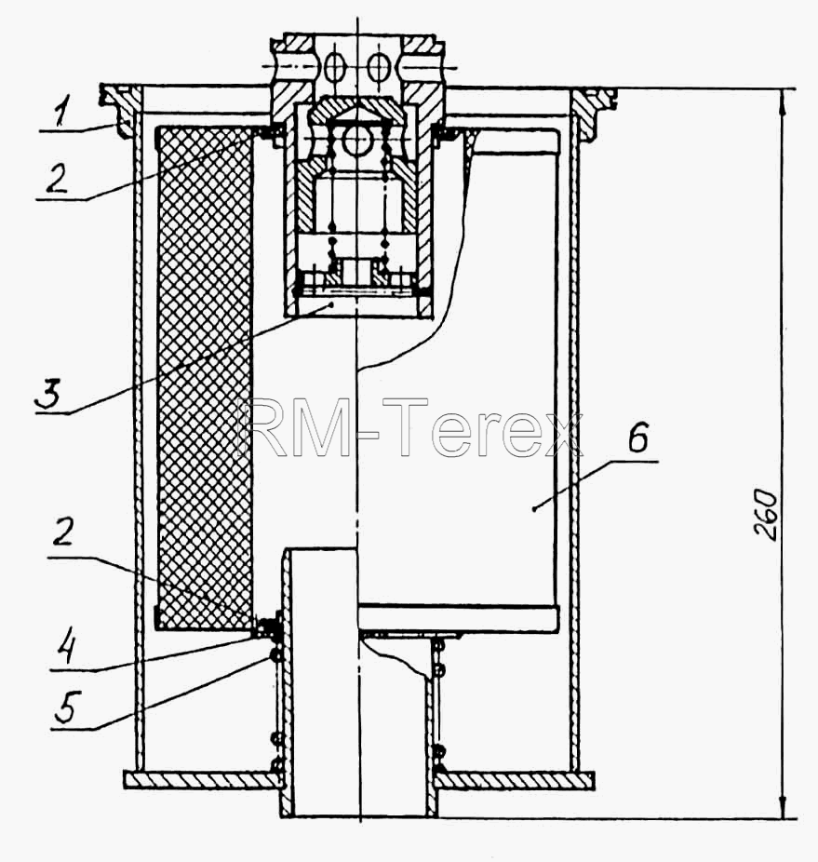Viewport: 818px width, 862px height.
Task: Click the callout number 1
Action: (x=61, y=110)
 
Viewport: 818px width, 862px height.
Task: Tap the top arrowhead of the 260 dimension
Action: (x=784, y=99)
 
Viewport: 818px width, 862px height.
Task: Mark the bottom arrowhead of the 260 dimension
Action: (x=784, y=807)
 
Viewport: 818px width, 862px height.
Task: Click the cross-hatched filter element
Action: (x=206, y=378)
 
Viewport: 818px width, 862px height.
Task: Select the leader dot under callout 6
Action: (x=533, y=509)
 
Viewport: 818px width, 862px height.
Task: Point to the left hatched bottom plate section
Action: (x=202, y=779)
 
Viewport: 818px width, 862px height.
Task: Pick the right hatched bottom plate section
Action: (x=516, y=779)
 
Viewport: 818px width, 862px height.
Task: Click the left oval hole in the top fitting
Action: (x=334, y=67)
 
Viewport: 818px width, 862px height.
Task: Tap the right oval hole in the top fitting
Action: (x=378, y=67)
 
